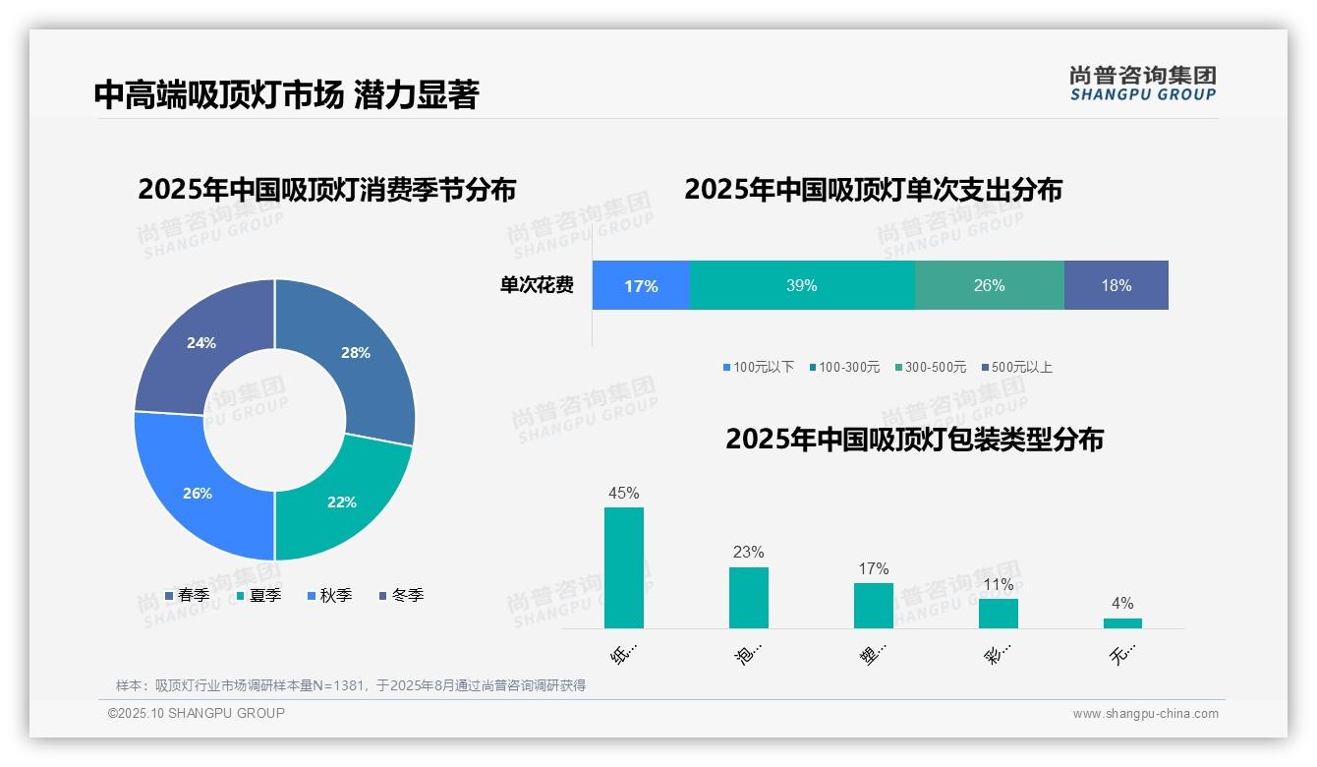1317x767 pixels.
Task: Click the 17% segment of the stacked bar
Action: point(641,286)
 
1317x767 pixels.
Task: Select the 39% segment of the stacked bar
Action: point(802,286)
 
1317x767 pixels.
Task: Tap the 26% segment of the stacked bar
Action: point(989,286)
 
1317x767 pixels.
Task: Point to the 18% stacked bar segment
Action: point(1117,286)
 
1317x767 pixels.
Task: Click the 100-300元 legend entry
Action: point(844,367)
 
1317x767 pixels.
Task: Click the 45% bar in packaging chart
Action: point(624,567)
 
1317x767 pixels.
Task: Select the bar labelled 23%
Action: point(749,597)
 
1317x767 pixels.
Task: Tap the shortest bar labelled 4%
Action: point(1122,622)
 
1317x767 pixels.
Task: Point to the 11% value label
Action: point(999,585)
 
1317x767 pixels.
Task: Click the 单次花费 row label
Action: point(537,286)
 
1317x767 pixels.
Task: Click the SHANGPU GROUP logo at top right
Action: point(1143,84)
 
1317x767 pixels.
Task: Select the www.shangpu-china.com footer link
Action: point(1145,714)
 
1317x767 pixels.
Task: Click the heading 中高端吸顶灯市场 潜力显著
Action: point(286,95)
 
